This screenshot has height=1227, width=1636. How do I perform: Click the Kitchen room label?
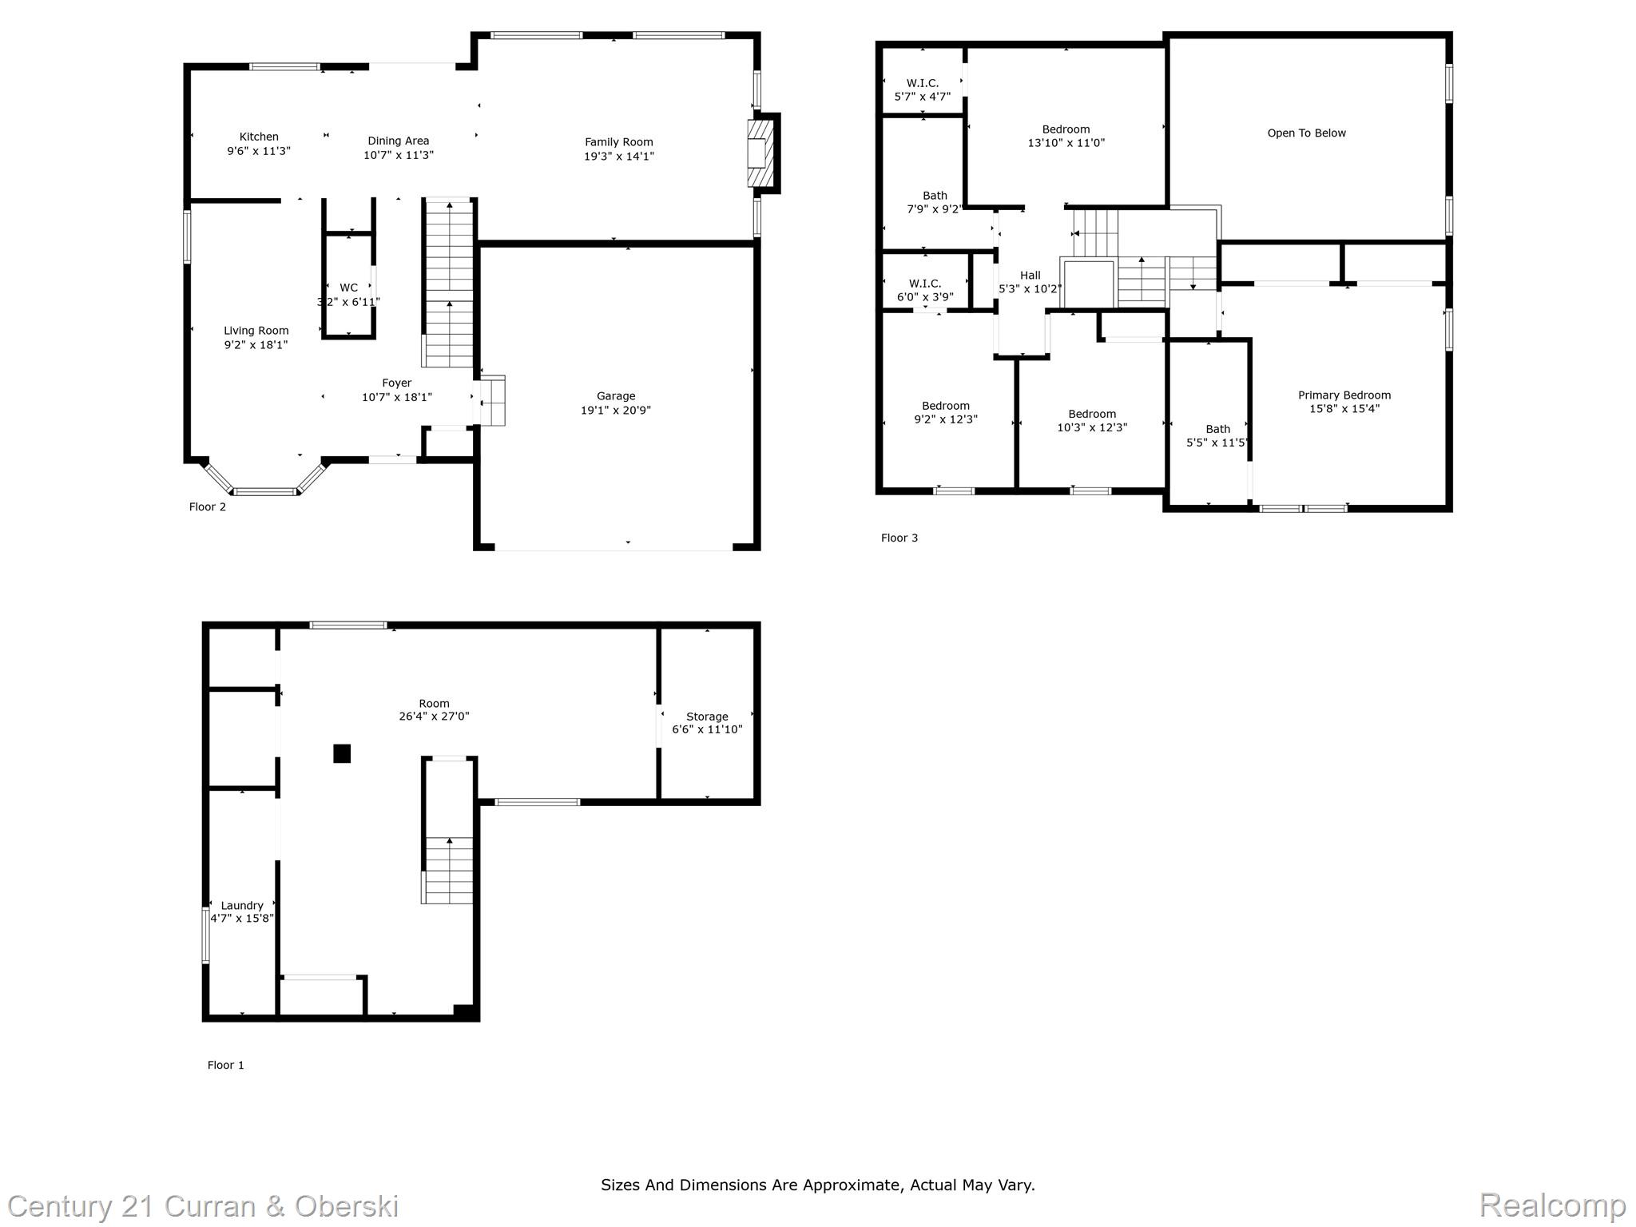coord(259,137)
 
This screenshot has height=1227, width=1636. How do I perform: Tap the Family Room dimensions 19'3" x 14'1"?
coord(619,157)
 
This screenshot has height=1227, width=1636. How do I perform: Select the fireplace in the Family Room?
coord(761,153)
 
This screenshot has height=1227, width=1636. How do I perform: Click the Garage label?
coord(616,396)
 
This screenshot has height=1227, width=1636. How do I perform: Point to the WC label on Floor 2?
coord(348,288)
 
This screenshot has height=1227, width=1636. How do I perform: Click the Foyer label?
coord(397,383)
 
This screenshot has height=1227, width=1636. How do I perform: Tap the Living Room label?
coord(256,331)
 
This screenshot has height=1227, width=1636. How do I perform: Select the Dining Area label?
coord(399,141)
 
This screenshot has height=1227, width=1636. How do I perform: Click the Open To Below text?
coord(1307,133)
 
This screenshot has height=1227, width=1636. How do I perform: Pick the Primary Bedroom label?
coord(1344,395)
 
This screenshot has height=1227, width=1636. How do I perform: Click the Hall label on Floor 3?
coord(1030,276)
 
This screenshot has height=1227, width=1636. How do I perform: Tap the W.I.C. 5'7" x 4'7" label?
coord(923,89)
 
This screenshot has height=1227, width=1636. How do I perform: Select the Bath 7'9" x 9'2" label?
coord(935,202)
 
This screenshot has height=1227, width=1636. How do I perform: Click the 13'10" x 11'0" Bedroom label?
coord(1066,136)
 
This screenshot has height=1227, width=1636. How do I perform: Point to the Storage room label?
coord(707,717)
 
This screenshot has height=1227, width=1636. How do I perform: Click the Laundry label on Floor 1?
coord(242,906)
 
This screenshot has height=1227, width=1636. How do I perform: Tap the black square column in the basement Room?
coord(342,753)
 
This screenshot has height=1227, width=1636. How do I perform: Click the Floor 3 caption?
coord(899,538)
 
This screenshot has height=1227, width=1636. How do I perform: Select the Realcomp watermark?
coord(1553,1205)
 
